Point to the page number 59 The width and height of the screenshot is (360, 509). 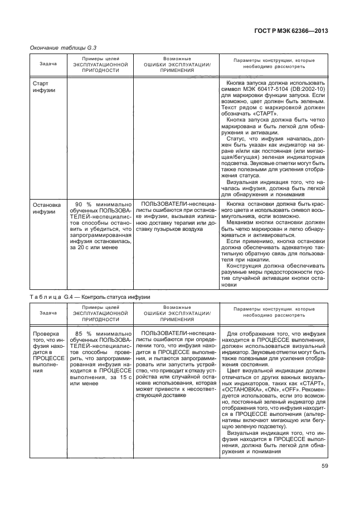coord(325,467)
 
